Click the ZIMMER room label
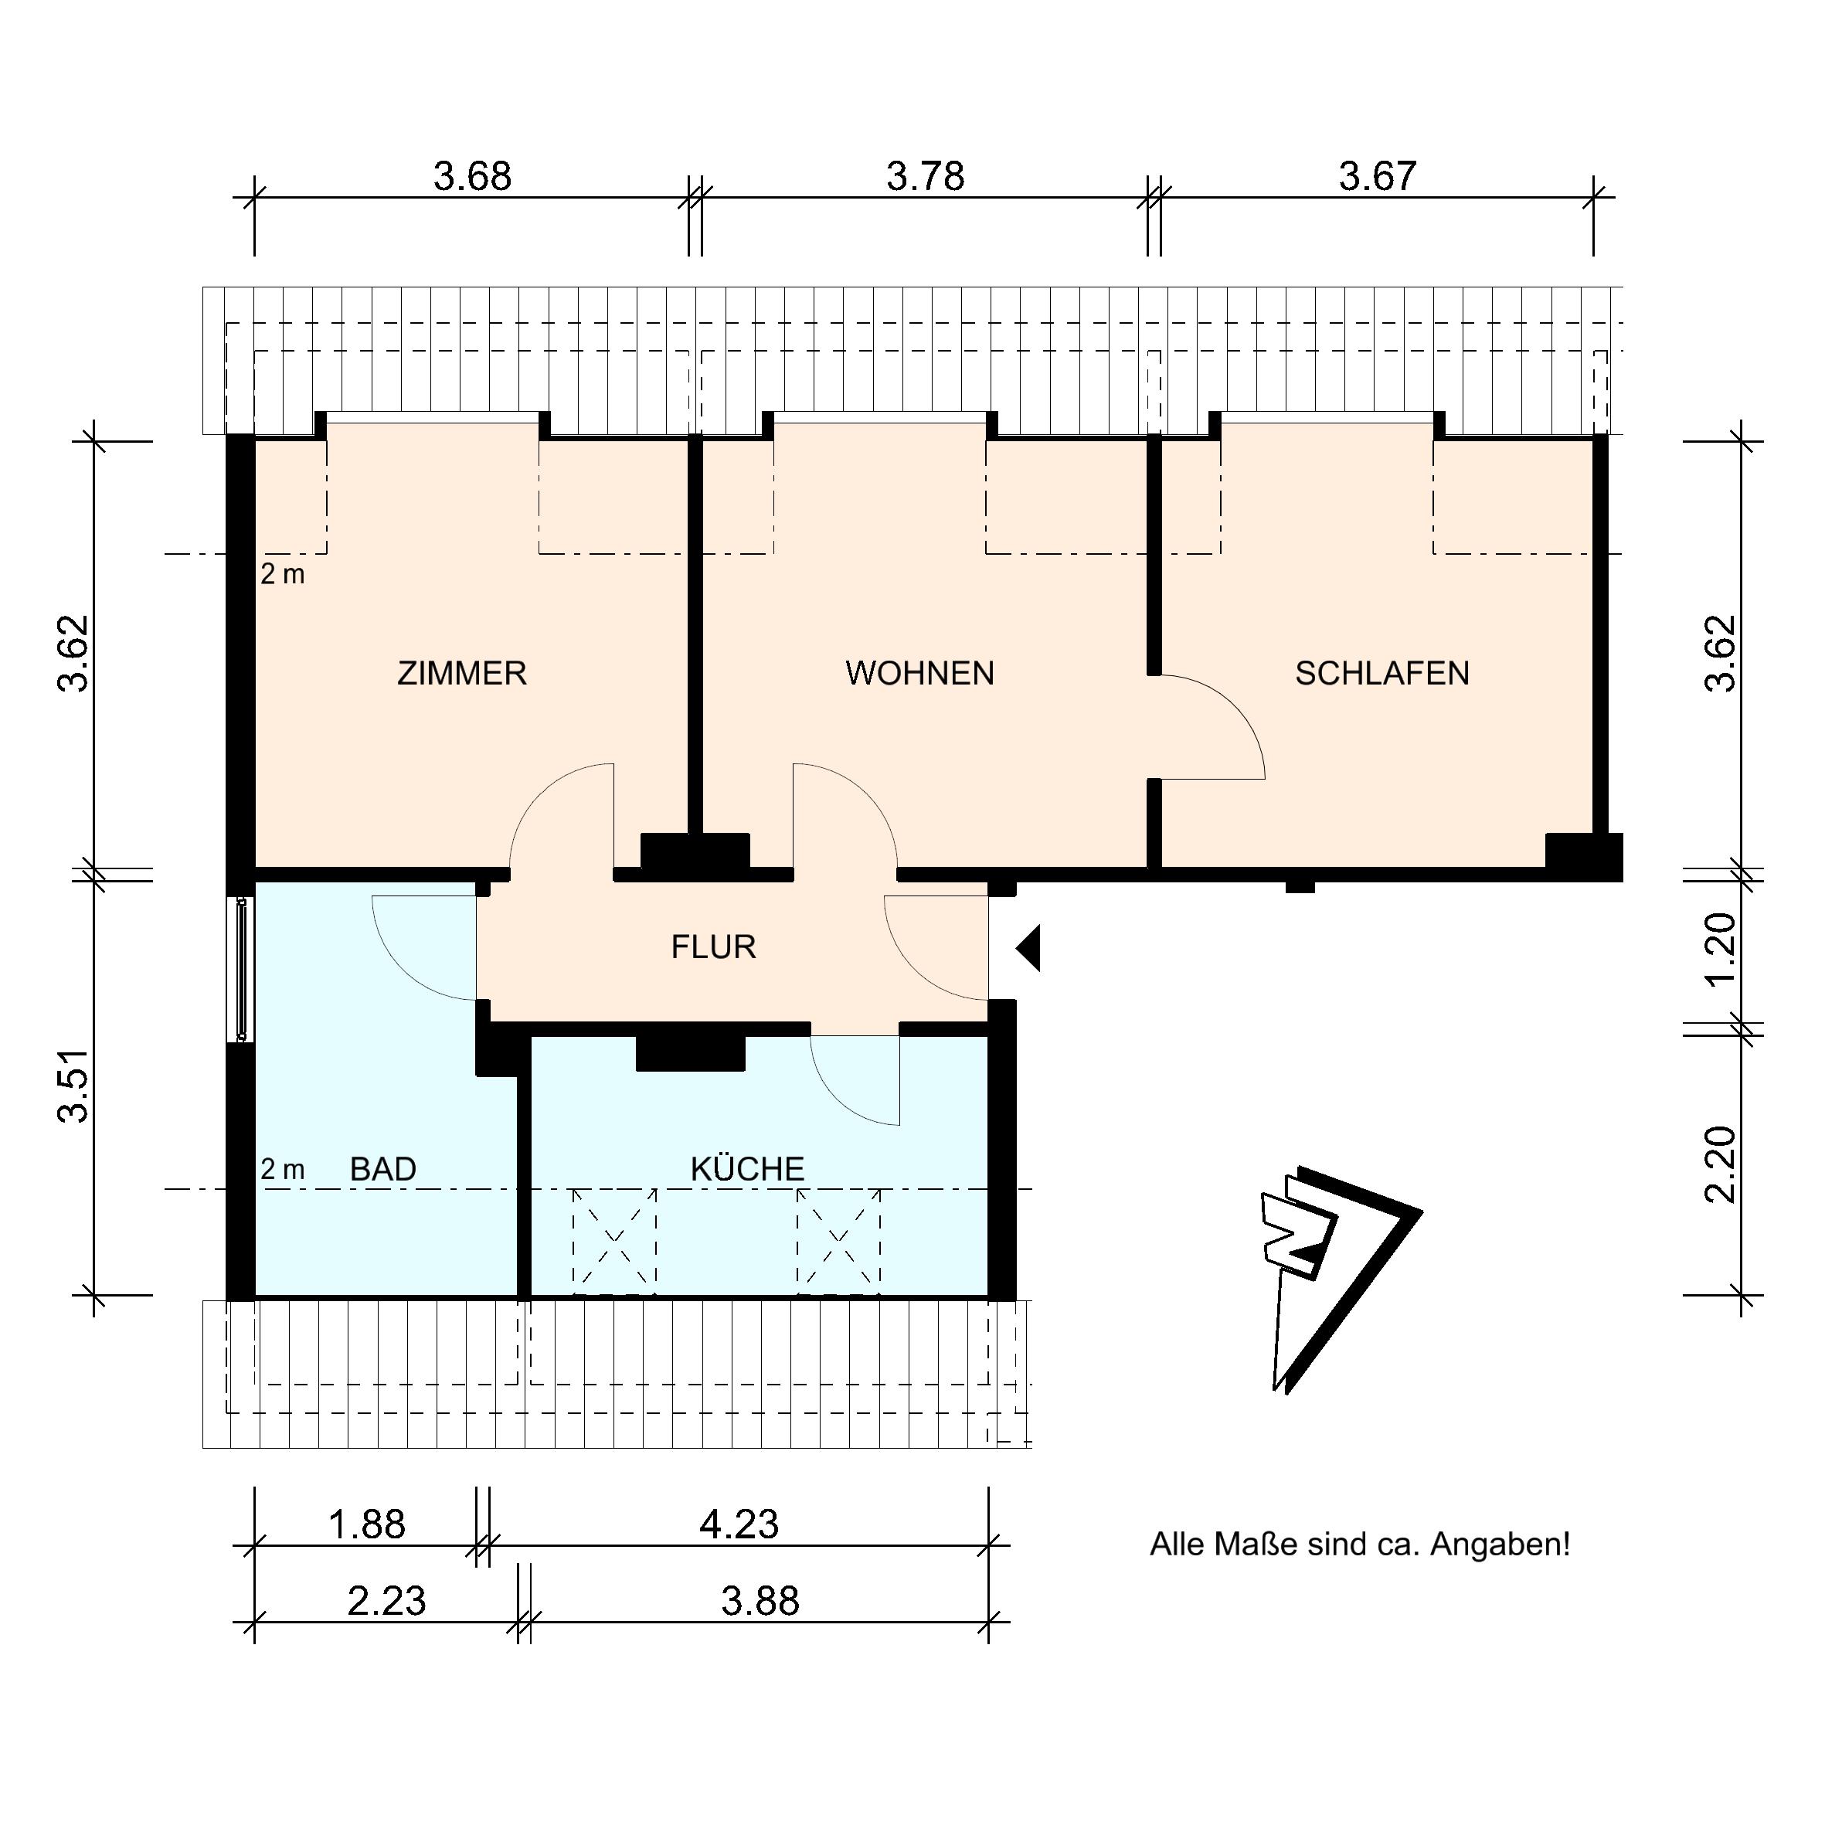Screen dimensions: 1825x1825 click(x=461, y=674)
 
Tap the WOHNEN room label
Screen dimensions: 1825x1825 click(x=919, y=674)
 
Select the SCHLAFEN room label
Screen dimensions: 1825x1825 click(x=1382, y=674)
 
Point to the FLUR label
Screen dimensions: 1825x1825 click(x=713, y=946)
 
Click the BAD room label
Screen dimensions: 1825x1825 click(x=382, y=1170)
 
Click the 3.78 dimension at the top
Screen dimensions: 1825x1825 click(x=925, y=177)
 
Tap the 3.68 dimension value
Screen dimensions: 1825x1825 click(x=472, y=177)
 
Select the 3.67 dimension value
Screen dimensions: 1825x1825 click(x=1378, y=177)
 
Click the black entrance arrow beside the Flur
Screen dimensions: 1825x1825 click(x=1028, y=947)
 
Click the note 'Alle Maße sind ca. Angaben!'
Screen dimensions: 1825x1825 click(x=1359, y=1545)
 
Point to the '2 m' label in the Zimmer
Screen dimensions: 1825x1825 click(x=283, y=574)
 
